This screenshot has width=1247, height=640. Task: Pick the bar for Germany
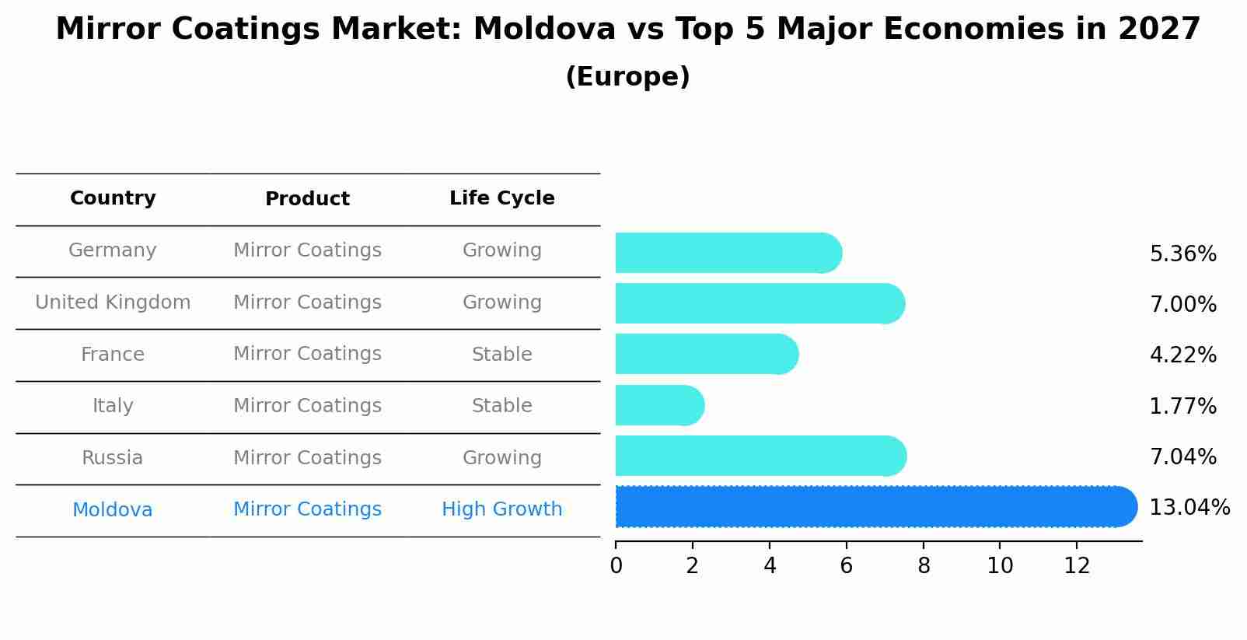point(728,253)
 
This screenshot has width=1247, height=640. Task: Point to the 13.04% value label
point(1189,508)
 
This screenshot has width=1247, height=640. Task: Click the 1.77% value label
point(1182,406)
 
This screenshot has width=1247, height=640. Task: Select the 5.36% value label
point(1182,254)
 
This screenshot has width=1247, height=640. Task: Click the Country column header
point(113,198)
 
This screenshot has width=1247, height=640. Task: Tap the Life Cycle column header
point(501,198)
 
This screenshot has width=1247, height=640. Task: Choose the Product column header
point(307,199)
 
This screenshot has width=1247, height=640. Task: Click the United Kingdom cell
point(113,303)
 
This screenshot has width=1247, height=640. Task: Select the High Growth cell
point(501,509)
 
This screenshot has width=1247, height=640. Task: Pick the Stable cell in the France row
point(501,355)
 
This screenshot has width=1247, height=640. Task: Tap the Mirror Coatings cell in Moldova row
point(307,509)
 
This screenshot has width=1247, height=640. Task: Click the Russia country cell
point(113,458)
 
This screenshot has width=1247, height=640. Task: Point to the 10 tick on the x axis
point(1000,566)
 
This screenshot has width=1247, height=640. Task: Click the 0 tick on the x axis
point(616,566)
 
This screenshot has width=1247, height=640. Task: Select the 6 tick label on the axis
point(846,566)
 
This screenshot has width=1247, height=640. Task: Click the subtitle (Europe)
point(627,77)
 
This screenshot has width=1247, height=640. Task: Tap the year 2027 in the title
point(1159,30)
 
